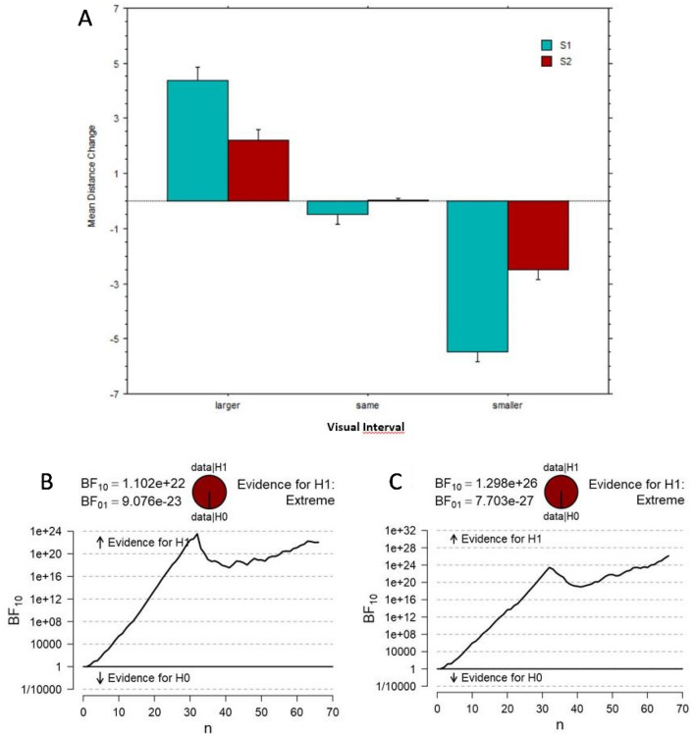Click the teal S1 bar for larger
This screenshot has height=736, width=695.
[x=197, y=140]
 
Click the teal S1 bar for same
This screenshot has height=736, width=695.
[x=197, y=207]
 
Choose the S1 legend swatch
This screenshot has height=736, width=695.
[x=547, y=44]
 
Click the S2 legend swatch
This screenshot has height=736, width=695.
[x=547, y=62]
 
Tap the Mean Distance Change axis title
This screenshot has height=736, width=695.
[x=90, y=201]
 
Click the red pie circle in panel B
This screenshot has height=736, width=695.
[x=209, y=489]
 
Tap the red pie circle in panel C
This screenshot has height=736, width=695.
[x=561, y=489]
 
